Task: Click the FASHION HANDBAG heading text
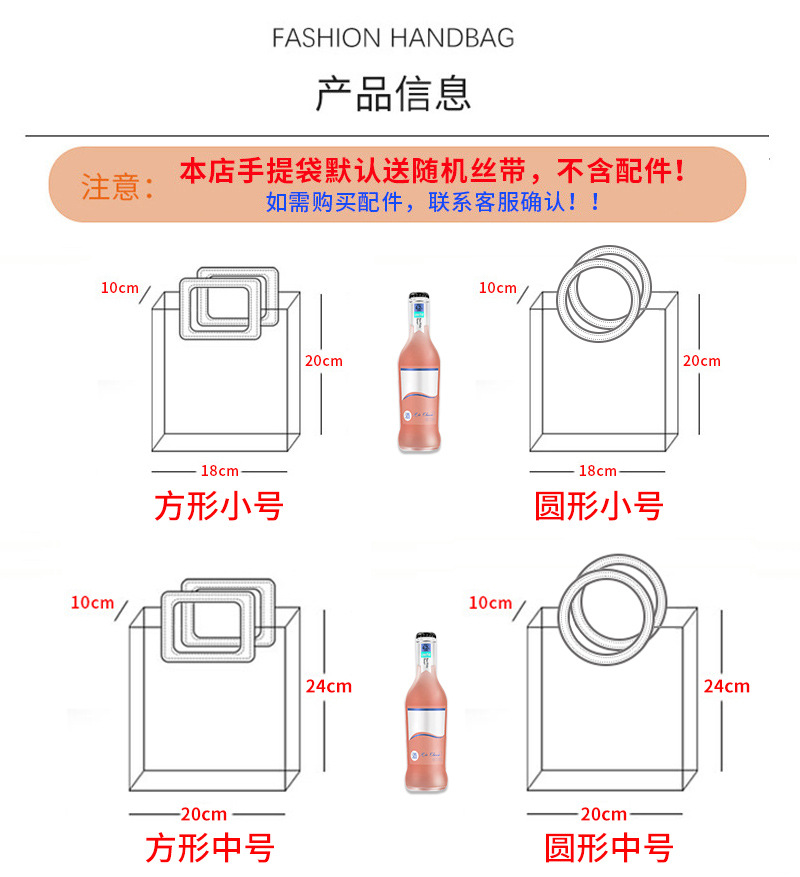pyautogui.click(x=393, y=39)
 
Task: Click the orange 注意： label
pyautogui.click(x=117, y=187)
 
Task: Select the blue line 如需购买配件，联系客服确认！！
pyautogui.click(x=434, y=202)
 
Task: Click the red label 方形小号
pyautogui.click(x=219, y=506)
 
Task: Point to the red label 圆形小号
pyautogui.click(x=598, y=506)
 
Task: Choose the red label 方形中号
pyautogui.click(x=210, y=849)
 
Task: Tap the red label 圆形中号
pyautogui.click(x=608, y=849)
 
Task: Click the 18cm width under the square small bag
pyautogui.click(x=219, y=471)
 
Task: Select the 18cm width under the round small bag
pyautogui.click(x=598, y=471)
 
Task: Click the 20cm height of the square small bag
pyautogui.click(x=324, y=360)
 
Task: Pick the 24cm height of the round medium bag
pyautogui.click(x=727, y=686)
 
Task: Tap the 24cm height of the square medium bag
pyautogui.click(x=329, y=686)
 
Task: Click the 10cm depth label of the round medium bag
pyautogui.click(x=490, y=603)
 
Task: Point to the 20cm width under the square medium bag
pyautogui.click(x=205, y=815)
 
